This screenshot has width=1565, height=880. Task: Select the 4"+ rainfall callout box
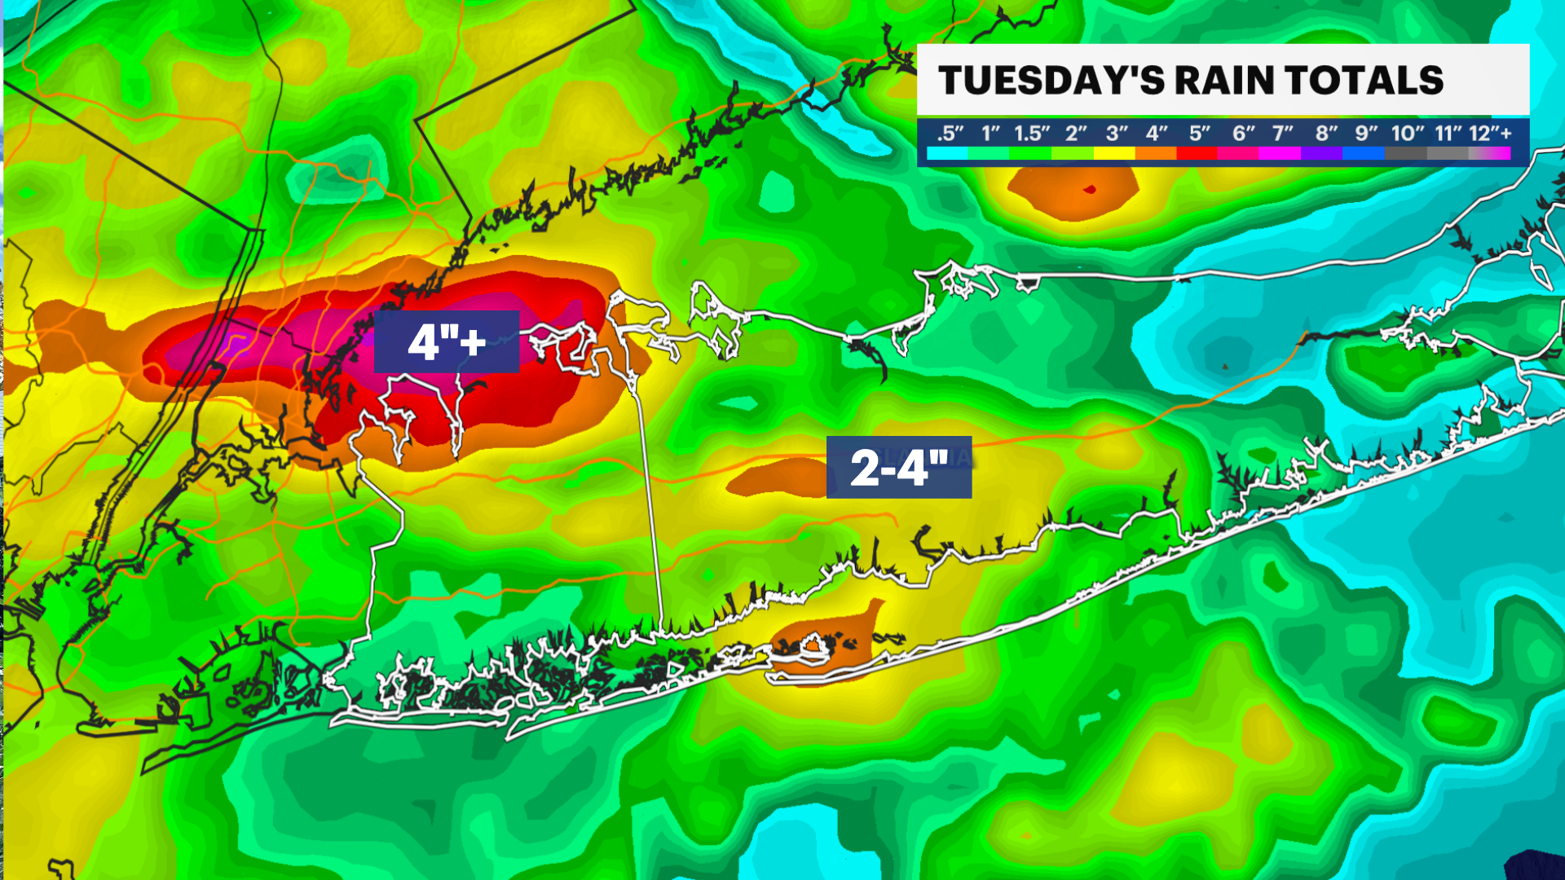pos(447,341)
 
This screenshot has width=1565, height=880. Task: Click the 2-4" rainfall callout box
pos(898,468)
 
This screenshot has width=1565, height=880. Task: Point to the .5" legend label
pos(950,133)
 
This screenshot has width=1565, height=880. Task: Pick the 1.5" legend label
pos(1032,133)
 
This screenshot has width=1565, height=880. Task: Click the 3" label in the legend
pos(1117,133)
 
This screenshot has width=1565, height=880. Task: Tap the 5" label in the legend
pos(1199,133)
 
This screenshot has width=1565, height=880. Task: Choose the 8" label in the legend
pos(1326,133)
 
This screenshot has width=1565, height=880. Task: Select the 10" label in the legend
pos(1408,133)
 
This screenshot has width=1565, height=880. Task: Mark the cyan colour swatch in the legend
pos(947,153)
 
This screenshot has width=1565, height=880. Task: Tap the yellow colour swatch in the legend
pos(1114,153)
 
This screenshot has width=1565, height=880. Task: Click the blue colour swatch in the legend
pos(1364,153)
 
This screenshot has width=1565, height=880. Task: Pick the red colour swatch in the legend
pos(1197,153)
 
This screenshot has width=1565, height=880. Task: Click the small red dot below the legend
pos(1090,190)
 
